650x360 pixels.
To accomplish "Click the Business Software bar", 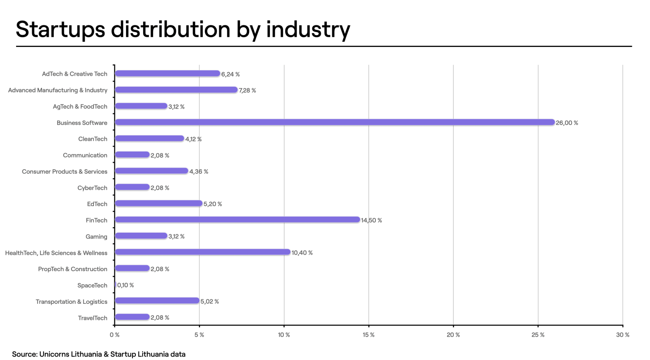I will [334, 122].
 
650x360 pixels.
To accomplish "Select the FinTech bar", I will [237, 220].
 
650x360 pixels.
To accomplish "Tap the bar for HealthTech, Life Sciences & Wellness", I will [203, 252].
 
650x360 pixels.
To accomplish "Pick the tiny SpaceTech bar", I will [116, 285].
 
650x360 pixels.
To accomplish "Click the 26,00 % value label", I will [567, 123].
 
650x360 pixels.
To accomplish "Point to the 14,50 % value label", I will [371, 220].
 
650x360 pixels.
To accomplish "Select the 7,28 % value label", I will [247, 91].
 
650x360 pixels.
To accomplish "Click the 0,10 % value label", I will [125, 285].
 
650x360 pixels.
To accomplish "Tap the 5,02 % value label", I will [209, 302].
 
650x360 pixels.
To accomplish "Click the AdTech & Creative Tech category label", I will [74, 74].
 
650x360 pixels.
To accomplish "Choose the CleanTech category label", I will [93, 139].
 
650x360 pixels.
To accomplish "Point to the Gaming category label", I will [96, 236].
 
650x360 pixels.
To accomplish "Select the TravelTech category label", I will [93, 318].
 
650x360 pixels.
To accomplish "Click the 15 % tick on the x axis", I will [369, 335].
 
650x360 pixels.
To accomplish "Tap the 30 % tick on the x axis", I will [622, 335].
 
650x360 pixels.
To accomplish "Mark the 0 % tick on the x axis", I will [114, 335].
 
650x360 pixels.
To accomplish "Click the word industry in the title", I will [308, 30].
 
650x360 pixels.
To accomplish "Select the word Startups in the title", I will [61, 30].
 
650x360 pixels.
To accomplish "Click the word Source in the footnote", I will [24, 354].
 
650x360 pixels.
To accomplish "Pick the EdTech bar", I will [159, 203].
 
